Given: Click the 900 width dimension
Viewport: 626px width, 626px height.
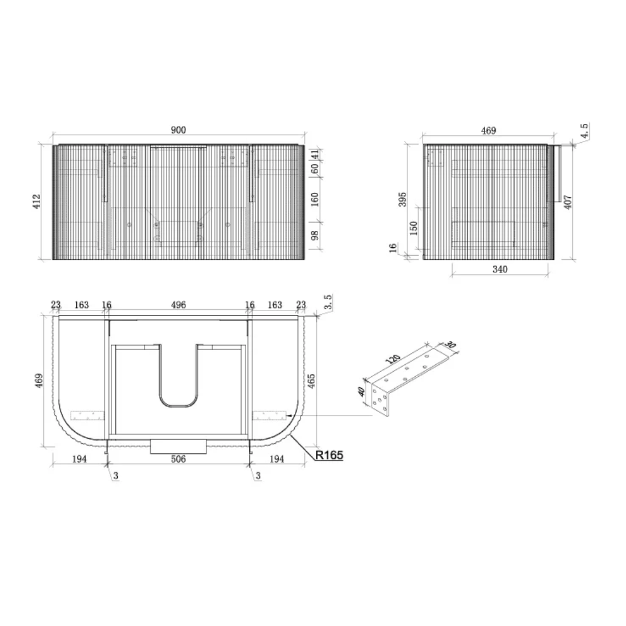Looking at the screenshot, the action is coord(178,130).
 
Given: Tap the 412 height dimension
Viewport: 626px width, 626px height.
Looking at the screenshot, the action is coord(37,202).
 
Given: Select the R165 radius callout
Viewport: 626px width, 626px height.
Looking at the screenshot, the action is coord(329,454).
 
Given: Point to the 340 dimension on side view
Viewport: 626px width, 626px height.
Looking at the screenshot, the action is coord(500,269).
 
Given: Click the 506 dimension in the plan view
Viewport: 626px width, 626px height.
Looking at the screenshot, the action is coord(178,459).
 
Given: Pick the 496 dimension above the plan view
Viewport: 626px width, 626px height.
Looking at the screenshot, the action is coord(178,305).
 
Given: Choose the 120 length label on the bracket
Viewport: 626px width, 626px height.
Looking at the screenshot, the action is coord(393,359).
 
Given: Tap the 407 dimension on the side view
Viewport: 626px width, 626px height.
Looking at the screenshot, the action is coord(568,202).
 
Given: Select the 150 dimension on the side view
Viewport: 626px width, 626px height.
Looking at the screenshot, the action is coord(414,228).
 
